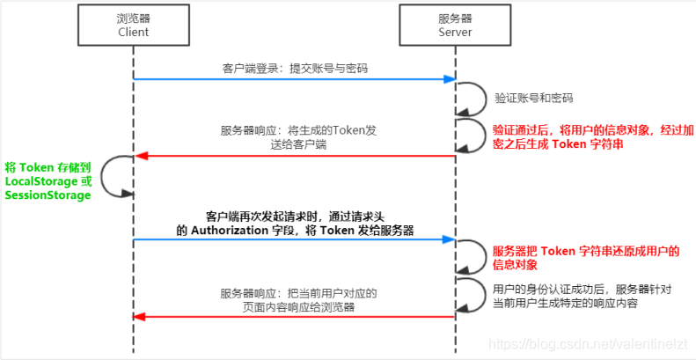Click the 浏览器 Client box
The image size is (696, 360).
pos(134,25)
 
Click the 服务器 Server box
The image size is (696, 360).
pos(455,25)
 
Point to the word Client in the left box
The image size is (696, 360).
pos(134,32)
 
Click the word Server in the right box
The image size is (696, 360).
pos(455,32)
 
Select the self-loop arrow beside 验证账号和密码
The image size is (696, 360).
pos(473,97)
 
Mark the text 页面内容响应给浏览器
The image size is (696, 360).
pos(287,306)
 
